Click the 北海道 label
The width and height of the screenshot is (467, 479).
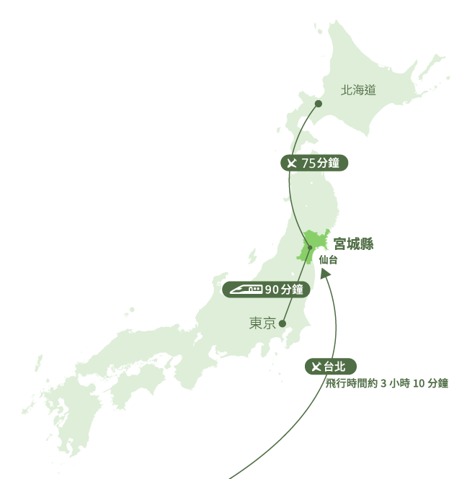(x=359, y=90)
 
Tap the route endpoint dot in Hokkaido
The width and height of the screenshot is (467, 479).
(x=318, y=104)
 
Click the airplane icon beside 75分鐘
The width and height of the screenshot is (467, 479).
(x=291, y=164)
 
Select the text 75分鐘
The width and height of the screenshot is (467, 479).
(x=320, y=164)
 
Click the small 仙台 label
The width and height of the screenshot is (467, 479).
(x=327, y=259)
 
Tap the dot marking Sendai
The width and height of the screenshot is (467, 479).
(x=310, y=249)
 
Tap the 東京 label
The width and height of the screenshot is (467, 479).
(x=262, y=324)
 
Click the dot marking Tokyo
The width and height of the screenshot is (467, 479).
(x=285, y=323)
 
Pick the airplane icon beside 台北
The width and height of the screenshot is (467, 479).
(x=315, y=367)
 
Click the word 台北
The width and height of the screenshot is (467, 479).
(x=335, y=367)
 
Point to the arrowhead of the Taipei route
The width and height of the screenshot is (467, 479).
(x=326, y=274)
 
